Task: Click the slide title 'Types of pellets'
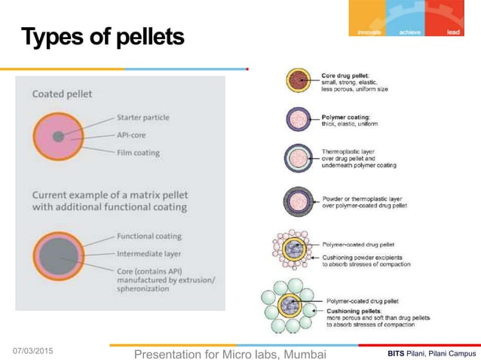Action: [102, 36]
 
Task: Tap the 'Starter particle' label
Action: [143, 117]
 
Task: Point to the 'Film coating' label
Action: [139, 153]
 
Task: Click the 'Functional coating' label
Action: [149, 236]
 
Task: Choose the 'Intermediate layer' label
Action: [149, 253]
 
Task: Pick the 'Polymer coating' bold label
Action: [344, 117]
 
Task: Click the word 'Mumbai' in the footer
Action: [301, 353]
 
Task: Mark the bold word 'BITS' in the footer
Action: [395, 353]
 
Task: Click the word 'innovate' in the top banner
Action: [369, 32]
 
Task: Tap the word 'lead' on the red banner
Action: [453, 32]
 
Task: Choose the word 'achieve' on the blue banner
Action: [410, 32]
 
